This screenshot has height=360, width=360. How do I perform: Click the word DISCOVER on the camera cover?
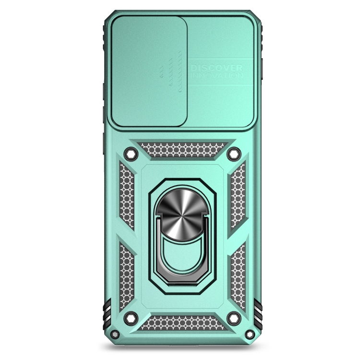tap(216, 68)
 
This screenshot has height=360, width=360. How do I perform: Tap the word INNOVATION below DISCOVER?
tap(217, 75)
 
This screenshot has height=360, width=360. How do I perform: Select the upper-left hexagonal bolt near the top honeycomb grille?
tap(131, 154)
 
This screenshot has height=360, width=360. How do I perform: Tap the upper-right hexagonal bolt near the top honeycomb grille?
tap(234, 154)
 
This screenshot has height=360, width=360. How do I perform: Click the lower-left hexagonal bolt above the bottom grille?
tap(131, 318)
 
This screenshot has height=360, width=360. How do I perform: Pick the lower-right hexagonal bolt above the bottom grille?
tap(234, 318)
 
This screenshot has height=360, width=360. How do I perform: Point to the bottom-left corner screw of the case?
tap(115, 334)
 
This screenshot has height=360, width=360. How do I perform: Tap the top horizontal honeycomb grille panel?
tap(182, 150)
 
